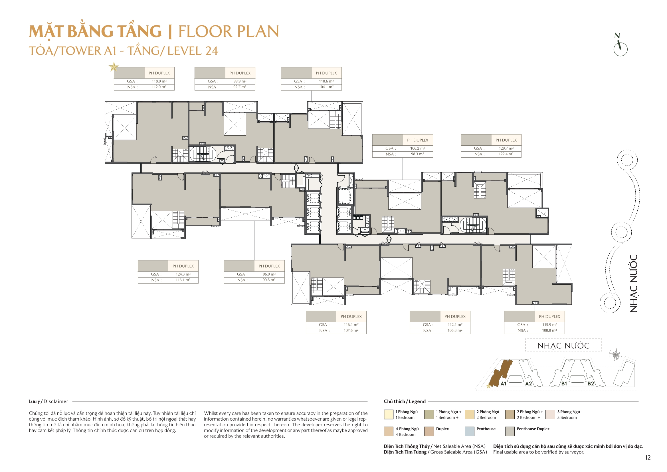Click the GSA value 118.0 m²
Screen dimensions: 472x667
click(159, 81)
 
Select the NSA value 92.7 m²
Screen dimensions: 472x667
click(240, 87)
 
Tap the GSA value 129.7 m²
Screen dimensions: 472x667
click(506, 148)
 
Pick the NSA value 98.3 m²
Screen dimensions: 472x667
click(417, 154)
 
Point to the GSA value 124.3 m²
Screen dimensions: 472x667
click(183, 274)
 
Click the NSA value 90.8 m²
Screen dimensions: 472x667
click(269, 280)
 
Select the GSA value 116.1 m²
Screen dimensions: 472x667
click(351, 325)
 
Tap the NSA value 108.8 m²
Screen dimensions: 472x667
click(549, 331)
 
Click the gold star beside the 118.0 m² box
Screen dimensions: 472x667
click(114, 67)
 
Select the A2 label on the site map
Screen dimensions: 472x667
click(528, 384)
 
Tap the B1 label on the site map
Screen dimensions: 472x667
click(564, 384)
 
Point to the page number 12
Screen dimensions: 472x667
click(648, 458)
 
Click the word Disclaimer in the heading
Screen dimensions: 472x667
click(56, 402)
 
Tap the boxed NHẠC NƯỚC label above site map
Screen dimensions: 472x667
click(563, 346)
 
